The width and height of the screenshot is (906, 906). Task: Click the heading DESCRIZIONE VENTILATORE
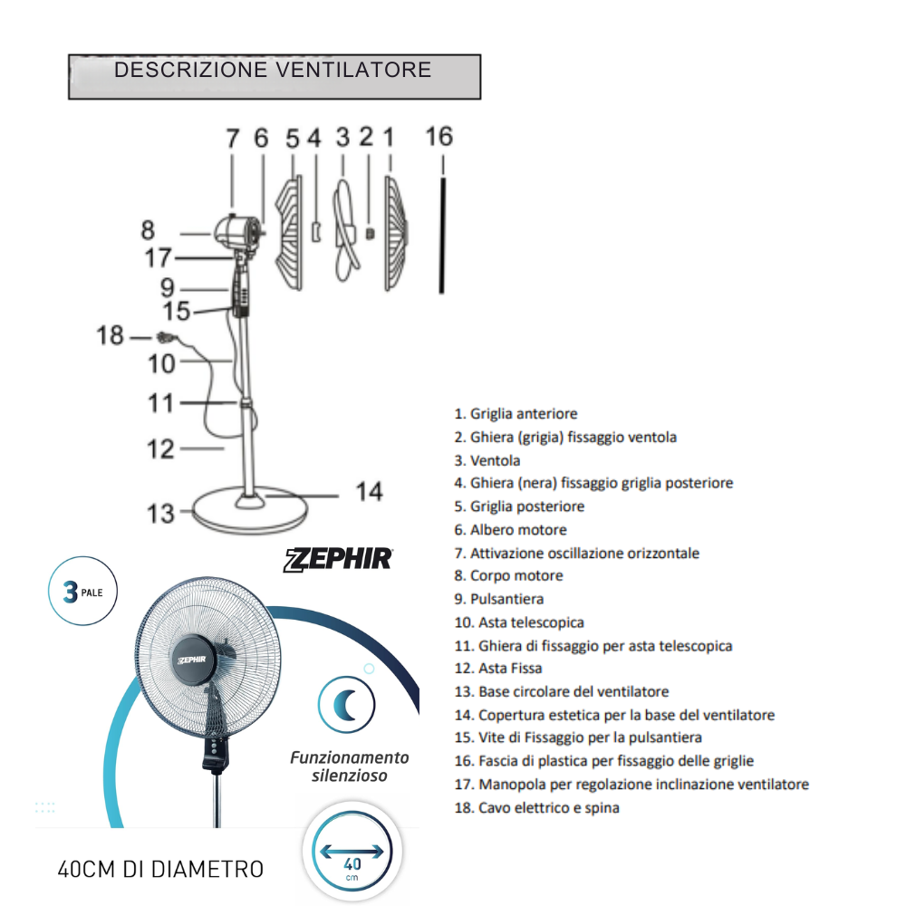[273, 71]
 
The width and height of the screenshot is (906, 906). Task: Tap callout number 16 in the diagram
[439, 137]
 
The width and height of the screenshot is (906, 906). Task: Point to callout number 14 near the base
[369, 492]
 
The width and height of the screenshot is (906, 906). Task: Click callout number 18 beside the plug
[111, 336]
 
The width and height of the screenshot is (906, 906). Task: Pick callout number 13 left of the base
[160, 514]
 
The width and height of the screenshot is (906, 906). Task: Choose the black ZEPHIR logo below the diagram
[340, 558]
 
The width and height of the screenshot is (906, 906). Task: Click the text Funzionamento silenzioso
[350, 766]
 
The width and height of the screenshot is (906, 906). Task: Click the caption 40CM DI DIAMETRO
[160, 870]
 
